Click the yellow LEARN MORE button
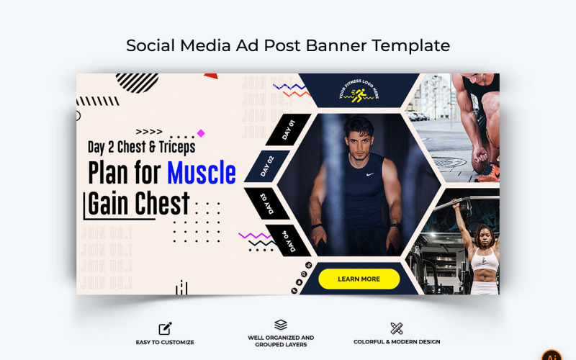(359, 279)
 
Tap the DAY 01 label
(288, 130)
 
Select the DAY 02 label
(267, 166)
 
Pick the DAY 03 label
(267, 203)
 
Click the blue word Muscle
(201, 173)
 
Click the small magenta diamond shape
(201, 133)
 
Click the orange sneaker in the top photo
(489, 174)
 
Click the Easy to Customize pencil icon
(165, 329)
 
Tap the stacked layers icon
(281, 325)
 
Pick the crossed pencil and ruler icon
(397, 328)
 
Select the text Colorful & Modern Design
(397, 342)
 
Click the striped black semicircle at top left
(137, 81)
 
